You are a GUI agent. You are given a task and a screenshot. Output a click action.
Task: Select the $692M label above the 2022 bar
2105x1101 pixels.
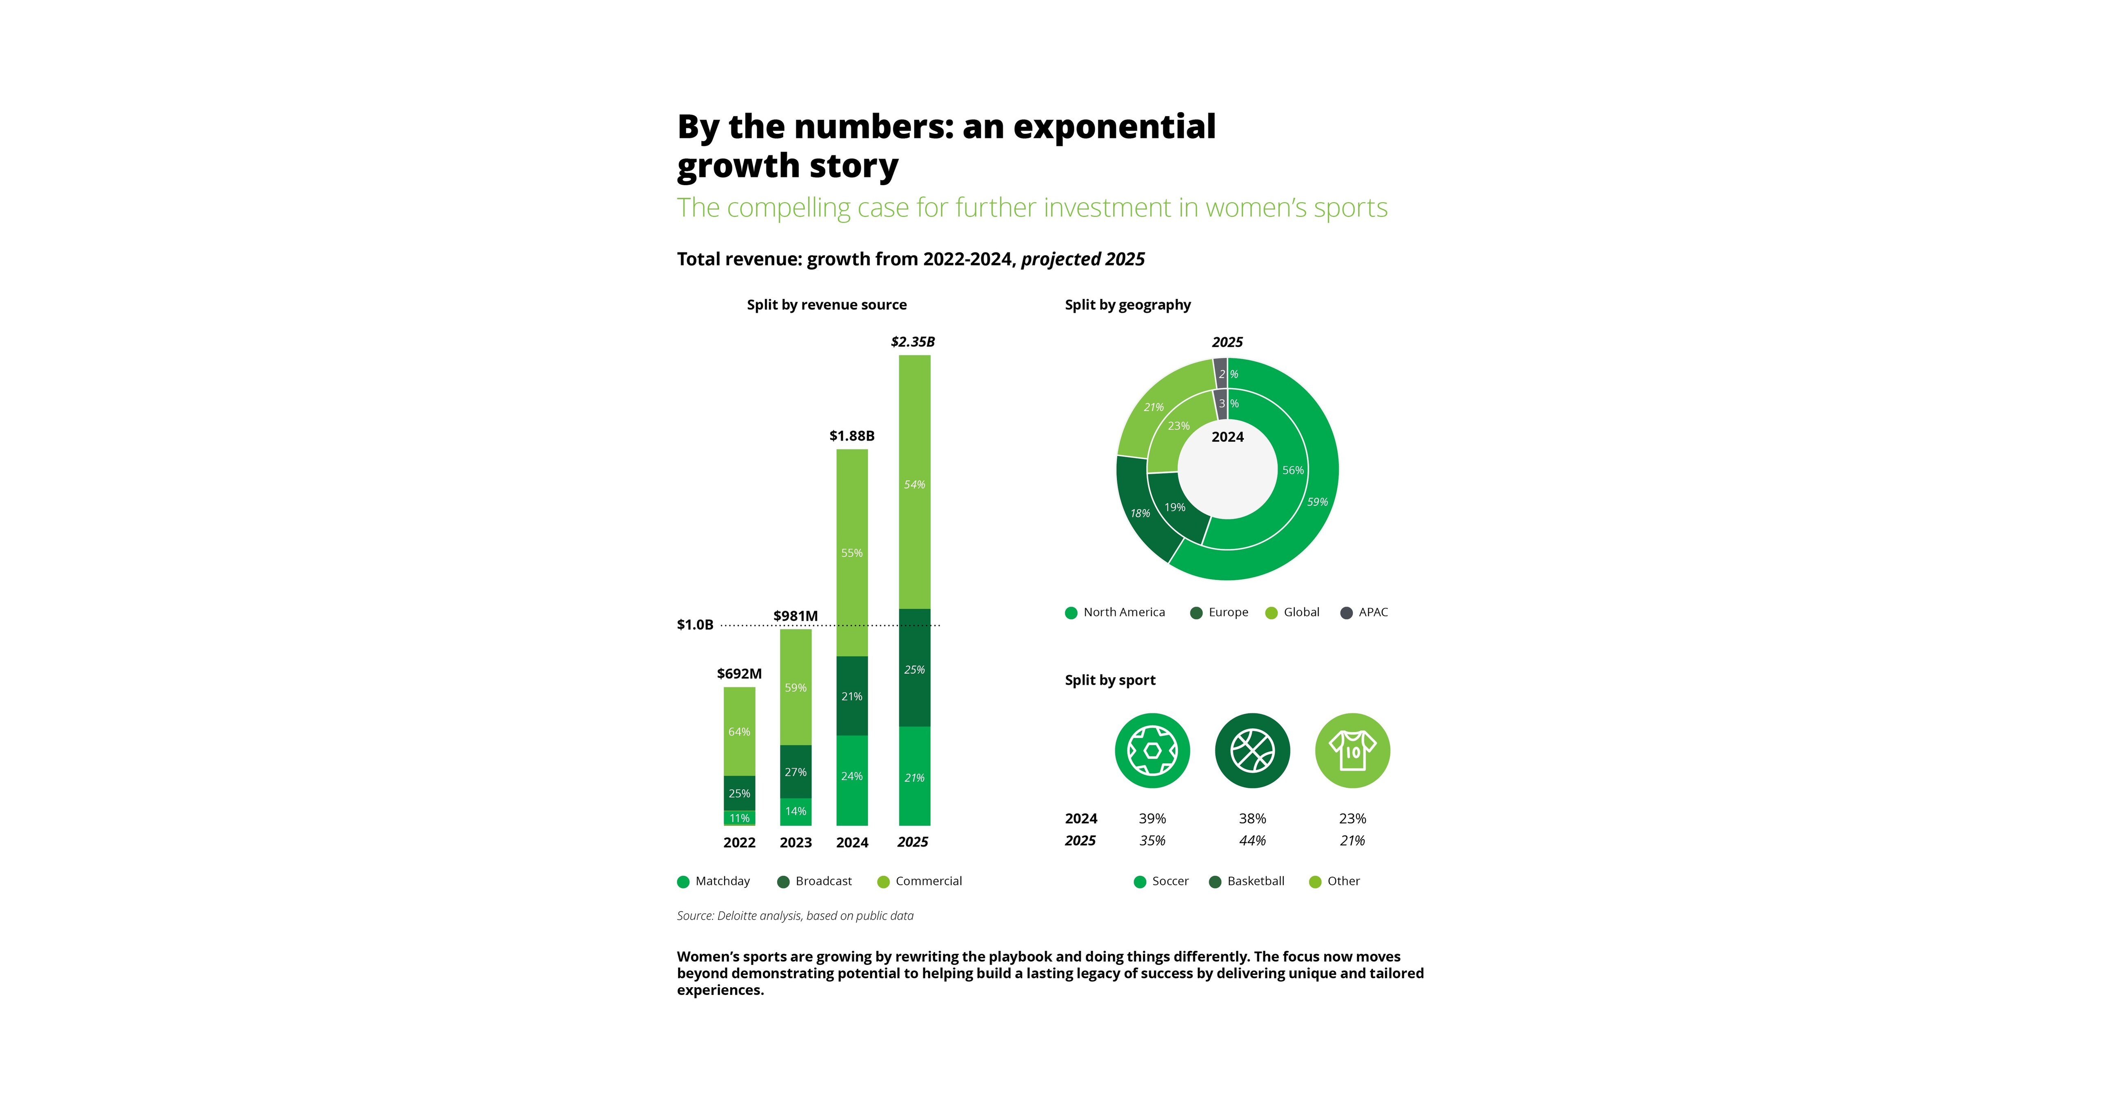(x=739, y=674)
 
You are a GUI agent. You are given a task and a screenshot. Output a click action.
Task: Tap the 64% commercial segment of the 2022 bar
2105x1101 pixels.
(x=739, y=732)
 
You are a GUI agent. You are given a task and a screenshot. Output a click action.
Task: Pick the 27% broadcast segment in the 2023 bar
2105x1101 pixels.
(x=795, y=772)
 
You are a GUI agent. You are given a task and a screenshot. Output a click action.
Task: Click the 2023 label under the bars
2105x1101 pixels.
(x=795, y=842)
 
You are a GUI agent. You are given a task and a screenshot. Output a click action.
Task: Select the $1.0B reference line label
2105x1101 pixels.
(x=695, y=625)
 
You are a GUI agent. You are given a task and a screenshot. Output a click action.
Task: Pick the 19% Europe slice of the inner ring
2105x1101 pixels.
(x=1175, y=507)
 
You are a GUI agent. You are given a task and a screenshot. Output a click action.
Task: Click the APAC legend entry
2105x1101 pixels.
(x=1365, y=613)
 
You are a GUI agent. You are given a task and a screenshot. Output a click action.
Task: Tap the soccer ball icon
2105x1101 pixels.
(x=1152, y=751)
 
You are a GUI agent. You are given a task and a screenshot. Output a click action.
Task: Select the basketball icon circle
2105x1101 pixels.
(x=1252, y=751)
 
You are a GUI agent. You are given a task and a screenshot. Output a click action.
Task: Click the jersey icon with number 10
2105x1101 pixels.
(x=1352, y=751)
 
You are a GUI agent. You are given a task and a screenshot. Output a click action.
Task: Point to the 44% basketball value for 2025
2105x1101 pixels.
(x=1252, y=840)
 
